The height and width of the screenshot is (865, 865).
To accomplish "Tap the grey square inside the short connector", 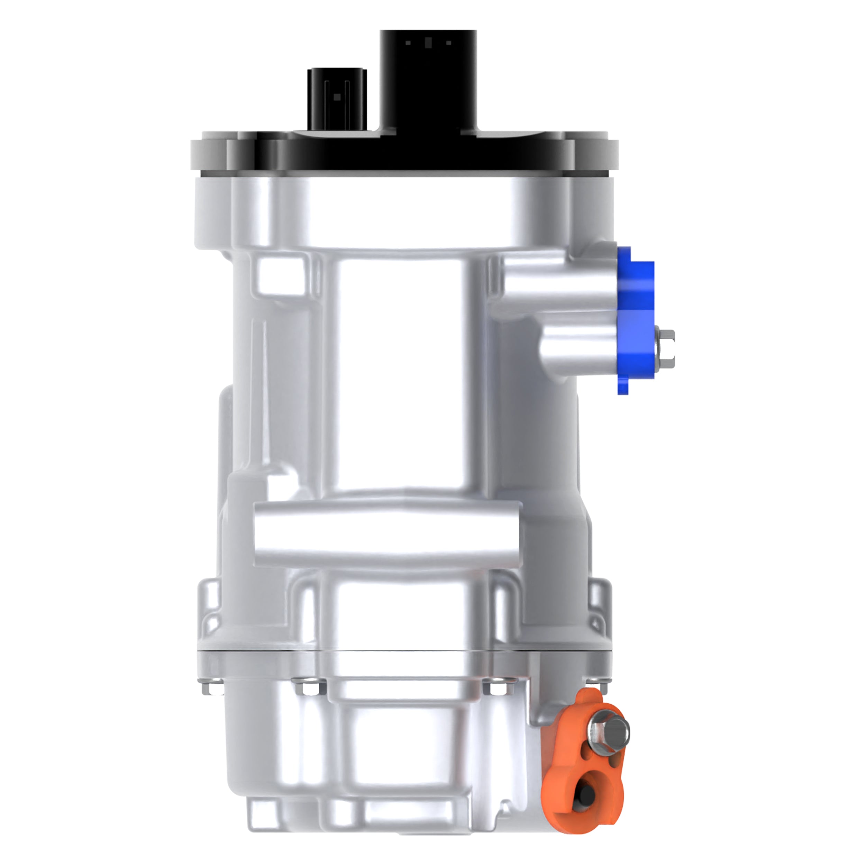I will coord(337,97).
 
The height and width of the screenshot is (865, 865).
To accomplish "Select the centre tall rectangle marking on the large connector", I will coord(428,43).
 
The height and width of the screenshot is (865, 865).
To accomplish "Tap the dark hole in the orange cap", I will coord(586,794).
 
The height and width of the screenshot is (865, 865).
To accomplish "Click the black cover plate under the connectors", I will coord(403,152).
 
